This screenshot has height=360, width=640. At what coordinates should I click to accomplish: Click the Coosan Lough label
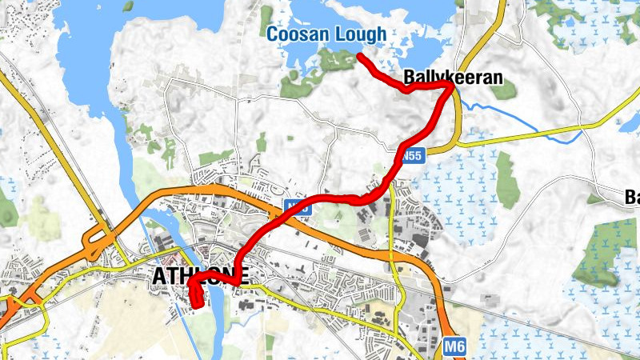tap(326, 35)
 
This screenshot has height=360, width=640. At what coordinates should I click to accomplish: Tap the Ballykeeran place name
tap(453, 78)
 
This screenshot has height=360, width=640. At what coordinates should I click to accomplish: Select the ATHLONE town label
tap(199, 276)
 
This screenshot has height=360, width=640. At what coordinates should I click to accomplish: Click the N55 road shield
tap(411, 155)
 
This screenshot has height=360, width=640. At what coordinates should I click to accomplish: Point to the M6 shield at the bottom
tap(453, 346)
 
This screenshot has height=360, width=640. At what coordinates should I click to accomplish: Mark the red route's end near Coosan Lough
tap(359, 56)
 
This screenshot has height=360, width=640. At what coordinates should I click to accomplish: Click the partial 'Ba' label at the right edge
tap(631, 196)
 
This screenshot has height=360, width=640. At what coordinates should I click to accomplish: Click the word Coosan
tap(297, 35)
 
